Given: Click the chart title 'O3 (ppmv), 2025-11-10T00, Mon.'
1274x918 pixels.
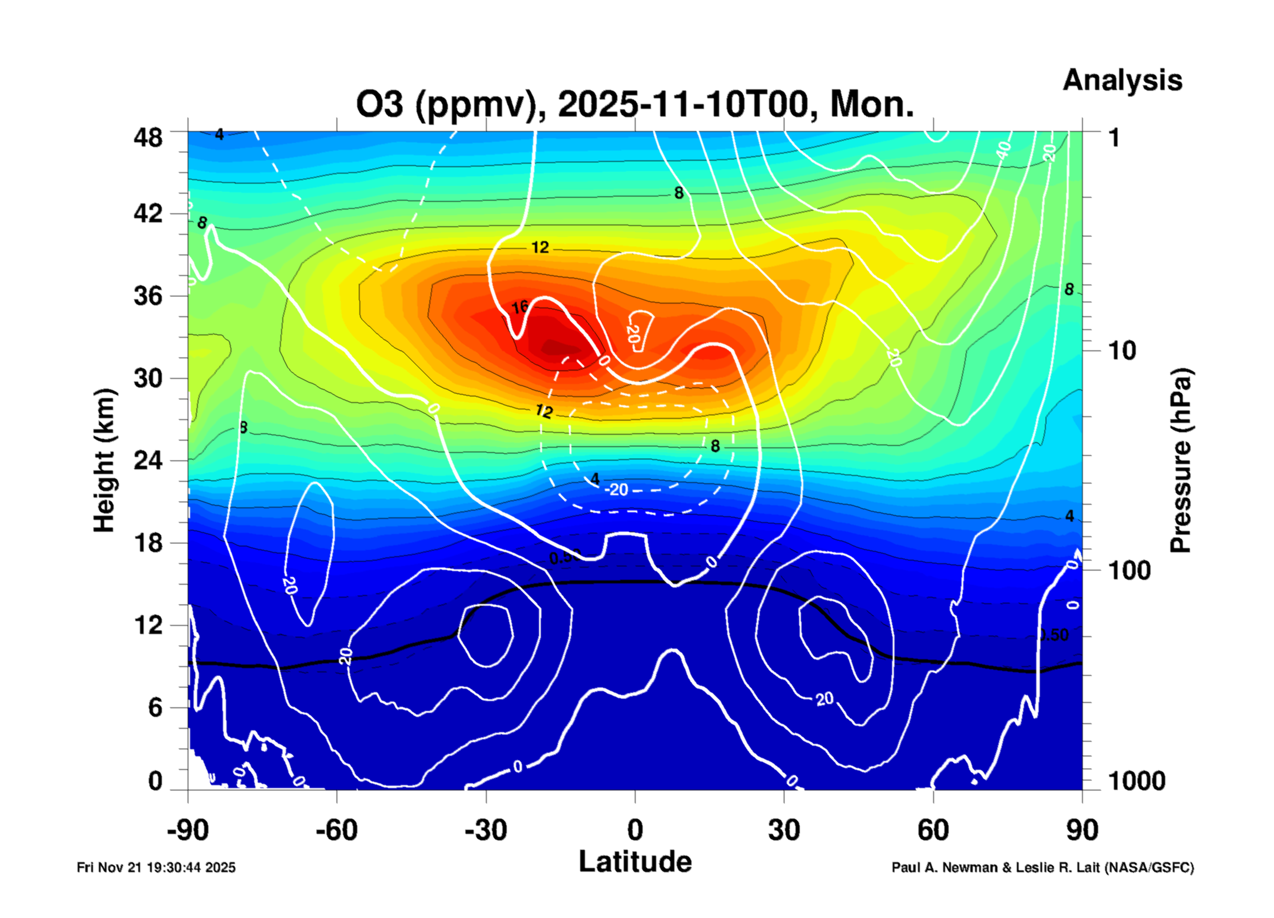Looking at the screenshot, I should coord(635,104).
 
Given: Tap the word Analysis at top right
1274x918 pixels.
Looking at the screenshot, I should coord(1122,80).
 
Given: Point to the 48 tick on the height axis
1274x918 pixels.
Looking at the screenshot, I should coord(148,138).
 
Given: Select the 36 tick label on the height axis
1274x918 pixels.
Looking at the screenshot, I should coord(148,295).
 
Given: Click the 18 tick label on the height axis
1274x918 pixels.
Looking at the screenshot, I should coord(148,542).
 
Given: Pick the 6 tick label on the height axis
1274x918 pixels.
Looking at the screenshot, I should coord(155,707).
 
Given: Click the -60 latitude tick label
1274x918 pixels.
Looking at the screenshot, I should coord(337,830).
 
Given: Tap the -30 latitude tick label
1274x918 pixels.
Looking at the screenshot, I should coord(485,830).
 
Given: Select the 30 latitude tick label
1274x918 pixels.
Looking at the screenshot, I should coord(784,830).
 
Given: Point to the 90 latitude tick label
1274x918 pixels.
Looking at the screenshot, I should coord(1082,830).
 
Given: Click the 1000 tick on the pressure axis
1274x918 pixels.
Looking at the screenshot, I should coord(1136,781).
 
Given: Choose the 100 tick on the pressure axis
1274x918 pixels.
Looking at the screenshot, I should coord(1129,570).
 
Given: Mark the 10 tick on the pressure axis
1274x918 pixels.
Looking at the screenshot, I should coord(1122,351).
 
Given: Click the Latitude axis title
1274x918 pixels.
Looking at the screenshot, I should coord(635,862).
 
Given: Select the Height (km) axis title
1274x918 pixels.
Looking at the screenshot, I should coord(104,460).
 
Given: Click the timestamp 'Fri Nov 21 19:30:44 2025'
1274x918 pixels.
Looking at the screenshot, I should coord(156,867).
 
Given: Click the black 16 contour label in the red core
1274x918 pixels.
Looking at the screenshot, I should coord(520,307).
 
